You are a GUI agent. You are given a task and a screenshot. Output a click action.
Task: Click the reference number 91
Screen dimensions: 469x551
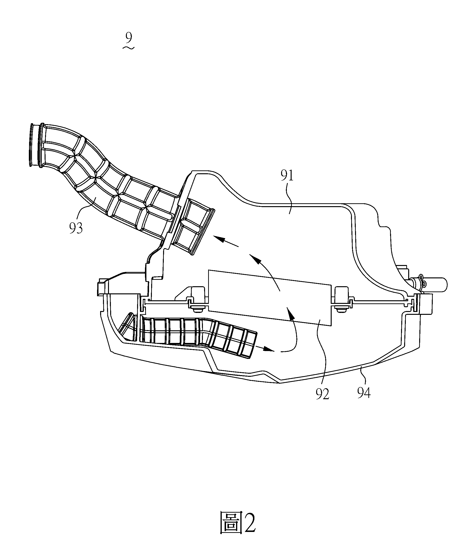pos(287,176)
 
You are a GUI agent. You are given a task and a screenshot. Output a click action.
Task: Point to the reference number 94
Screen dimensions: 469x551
pos(364,393)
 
